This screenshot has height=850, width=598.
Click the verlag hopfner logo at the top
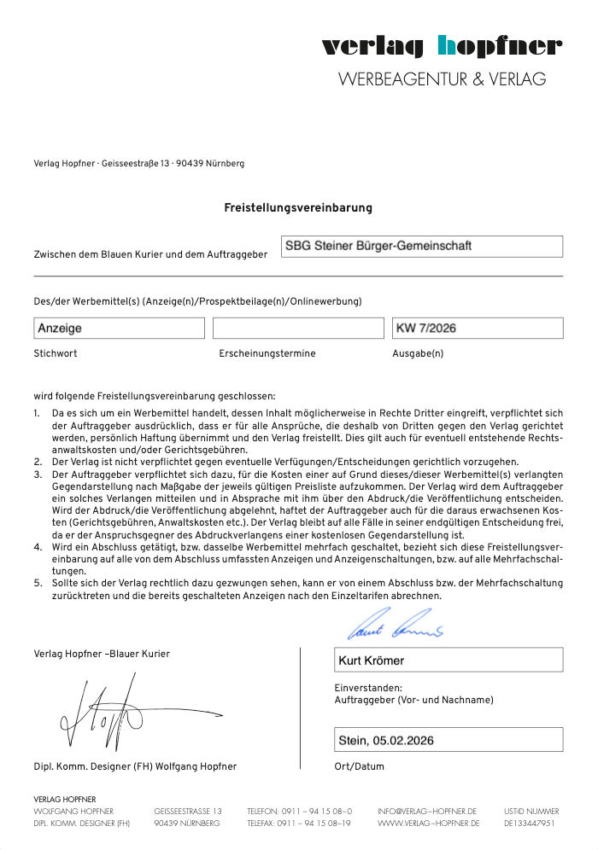click(442, 46)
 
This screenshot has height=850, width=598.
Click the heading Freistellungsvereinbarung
click(298, 207)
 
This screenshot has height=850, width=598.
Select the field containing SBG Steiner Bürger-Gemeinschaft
click(422, 247)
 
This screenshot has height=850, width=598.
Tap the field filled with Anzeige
click(120, 328)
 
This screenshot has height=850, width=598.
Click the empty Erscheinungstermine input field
click(298, 328)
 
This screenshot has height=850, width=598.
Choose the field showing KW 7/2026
click(478, 328)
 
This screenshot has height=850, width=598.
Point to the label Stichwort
click(56, 353)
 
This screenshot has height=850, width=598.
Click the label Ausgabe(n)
click(418, 353)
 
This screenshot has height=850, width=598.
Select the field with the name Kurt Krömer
click(448, 660)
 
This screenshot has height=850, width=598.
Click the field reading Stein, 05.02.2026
click(448, 739)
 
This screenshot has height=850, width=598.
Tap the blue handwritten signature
click(396, 626)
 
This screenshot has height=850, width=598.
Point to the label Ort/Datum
click(360, 766)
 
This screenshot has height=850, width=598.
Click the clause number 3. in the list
click(38, 473)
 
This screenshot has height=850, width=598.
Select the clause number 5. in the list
click(38, 583)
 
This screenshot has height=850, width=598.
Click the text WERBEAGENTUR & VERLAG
click(442, 79)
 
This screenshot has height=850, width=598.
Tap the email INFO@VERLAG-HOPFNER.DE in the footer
click(426, 811)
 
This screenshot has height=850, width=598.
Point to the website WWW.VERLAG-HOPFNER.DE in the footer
click(428, 824)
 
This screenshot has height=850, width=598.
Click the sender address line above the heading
click(138, 164)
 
